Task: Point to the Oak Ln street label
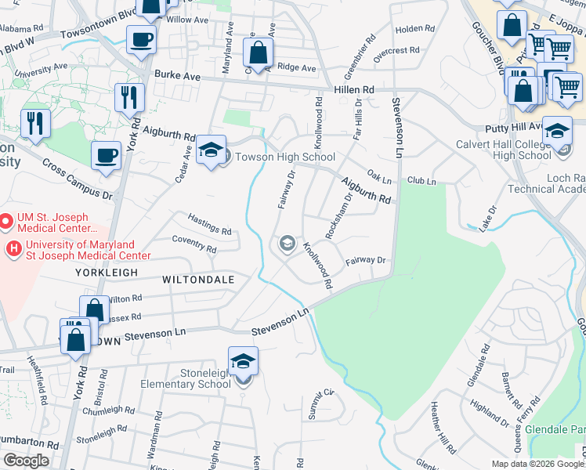click(x=378, y=180)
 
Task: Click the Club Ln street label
click(x=421, y=181)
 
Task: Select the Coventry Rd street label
click(x=195, y=244)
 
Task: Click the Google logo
click(x=27, y=461)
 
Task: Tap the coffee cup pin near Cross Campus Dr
click(x=106, y=155)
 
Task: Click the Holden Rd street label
click(x=409, y=29)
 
